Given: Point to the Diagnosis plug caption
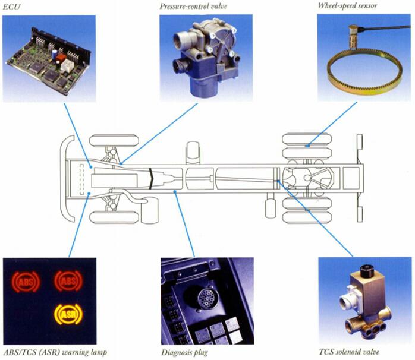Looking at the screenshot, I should [185, 353].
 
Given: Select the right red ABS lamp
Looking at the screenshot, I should [68, 280].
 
